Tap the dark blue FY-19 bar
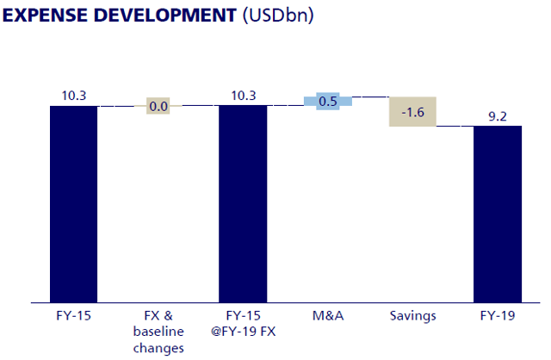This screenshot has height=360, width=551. point(497,214)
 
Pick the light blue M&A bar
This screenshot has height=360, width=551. point(327,101)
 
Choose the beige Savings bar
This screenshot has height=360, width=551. point(412,111)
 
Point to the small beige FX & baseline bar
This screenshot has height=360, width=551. point(158,106)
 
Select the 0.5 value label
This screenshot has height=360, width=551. point(327,101)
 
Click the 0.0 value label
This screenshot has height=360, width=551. point(158,107)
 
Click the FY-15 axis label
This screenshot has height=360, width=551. point(73,316)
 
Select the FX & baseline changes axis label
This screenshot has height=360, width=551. point(158,332)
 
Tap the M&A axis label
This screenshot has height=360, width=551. point(327,316)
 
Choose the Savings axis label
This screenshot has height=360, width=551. point(412,316)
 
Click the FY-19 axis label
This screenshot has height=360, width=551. point(497,316)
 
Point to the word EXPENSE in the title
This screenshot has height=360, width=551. point(46,15)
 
